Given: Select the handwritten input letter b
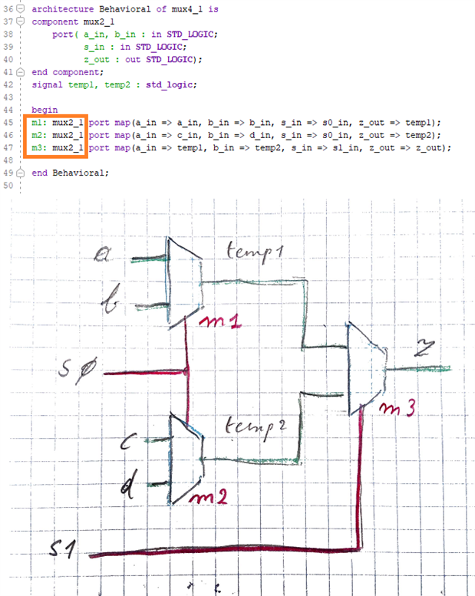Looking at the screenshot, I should click(x=110, y=305).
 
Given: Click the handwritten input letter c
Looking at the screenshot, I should click(x=130, y=440).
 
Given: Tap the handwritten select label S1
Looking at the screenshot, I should click(x=63, y=550).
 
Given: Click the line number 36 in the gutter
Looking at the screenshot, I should click(x=8, y=9).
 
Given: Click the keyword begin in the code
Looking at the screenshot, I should click(x=45, y=110).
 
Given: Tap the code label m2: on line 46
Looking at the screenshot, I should click(x=39, y=135).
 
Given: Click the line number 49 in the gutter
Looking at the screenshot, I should click(x=8, y=173).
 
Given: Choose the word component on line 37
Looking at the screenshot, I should click(x=54, y=21).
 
